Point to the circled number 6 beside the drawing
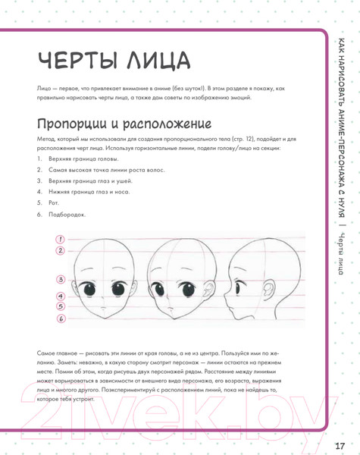(59, 318)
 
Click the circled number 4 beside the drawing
(59, 293)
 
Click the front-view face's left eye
(91, 289)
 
